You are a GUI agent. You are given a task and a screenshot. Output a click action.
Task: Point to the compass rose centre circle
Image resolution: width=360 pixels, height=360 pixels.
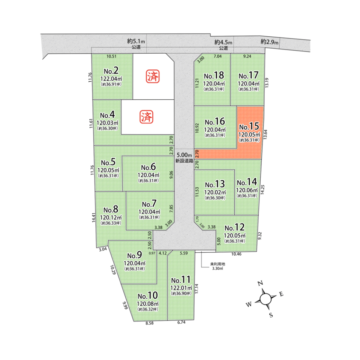(265, 299)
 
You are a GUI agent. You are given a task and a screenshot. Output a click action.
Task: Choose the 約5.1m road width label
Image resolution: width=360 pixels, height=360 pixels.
(136, 42)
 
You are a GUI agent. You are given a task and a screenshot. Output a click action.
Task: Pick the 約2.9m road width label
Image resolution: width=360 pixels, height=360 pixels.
(270, 42)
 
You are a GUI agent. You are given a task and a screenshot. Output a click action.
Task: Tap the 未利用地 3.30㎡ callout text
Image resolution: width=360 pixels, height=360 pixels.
(217, 266)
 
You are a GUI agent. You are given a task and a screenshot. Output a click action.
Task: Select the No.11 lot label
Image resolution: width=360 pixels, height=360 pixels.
(181, 280)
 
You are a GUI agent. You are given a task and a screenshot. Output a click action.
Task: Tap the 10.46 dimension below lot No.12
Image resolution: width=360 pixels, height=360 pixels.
(236, 254)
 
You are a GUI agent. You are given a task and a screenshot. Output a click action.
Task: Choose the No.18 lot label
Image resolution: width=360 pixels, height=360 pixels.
(214, 75)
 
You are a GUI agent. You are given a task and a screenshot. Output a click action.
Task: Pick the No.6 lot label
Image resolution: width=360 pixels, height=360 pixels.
(148, 167)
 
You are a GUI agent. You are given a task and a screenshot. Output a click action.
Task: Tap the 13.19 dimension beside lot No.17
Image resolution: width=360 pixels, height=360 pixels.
(267, 83)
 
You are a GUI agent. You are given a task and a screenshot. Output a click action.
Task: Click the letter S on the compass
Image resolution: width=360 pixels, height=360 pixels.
(270, 315)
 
